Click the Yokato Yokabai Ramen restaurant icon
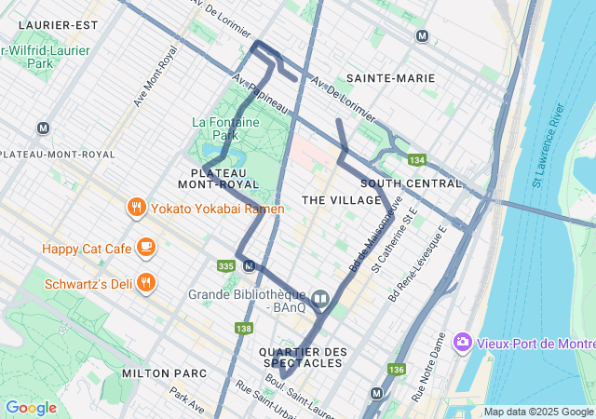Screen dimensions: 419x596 coord(136,208)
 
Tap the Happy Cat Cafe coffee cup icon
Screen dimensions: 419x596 coord(146,248)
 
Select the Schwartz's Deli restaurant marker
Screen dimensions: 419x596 coord(146,282)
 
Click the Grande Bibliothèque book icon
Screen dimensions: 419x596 coord(320,299)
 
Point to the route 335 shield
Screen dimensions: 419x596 coord(225,266)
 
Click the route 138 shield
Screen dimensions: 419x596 coord(244,328)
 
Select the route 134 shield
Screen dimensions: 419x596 coord(415,160)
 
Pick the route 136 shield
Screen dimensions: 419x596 coord(396,370)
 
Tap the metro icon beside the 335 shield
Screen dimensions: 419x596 coord(249,265)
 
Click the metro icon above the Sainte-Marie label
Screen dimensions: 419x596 coord(423,36)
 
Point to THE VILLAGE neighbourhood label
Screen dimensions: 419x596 coord(342,200)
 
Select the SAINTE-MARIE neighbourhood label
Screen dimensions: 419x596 coord(390,78)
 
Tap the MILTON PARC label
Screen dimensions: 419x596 coord(157,372)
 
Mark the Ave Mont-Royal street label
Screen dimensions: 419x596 coord(155,76)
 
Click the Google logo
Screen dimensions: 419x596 coord(31,407)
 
